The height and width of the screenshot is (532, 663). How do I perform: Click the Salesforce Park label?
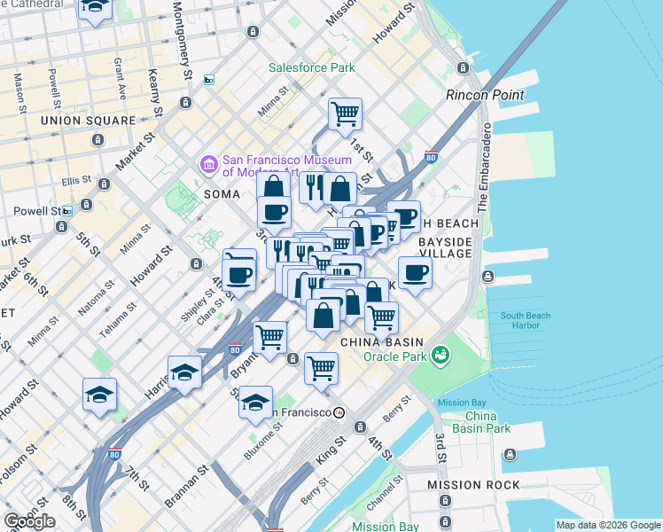312,67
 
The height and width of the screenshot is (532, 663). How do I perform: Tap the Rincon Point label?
485,95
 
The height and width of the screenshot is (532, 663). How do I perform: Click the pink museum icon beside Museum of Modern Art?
208,164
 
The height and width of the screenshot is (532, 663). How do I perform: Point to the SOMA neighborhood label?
222,193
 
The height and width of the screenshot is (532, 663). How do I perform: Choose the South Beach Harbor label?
525,320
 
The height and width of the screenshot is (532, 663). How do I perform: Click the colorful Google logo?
29,521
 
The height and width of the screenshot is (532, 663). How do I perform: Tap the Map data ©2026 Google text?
607,525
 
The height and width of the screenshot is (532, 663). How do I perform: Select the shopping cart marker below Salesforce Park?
345,113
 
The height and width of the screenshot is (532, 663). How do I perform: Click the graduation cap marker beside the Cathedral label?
95,9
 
